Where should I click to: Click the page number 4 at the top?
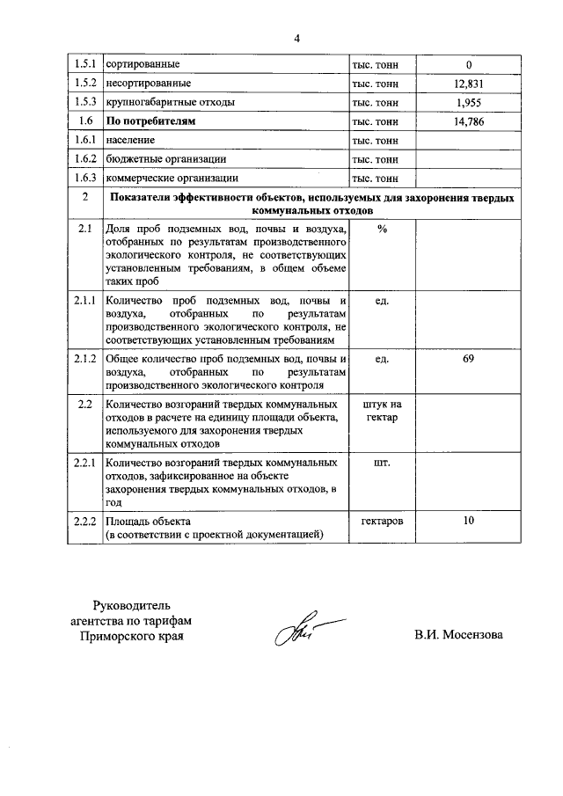point(296,38)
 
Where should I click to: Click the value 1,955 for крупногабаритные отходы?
point(469,102)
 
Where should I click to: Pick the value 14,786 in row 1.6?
point(469,120)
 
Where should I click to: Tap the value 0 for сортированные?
point(469,65)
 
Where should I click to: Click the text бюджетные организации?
point(166,159)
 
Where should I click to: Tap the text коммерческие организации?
point(172,178)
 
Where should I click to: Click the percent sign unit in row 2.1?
point(382,230)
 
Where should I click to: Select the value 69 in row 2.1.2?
point(469,360)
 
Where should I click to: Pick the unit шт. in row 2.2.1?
point(382,462)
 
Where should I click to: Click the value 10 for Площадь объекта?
point(469,521)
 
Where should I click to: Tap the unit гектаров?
point(382,521)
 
